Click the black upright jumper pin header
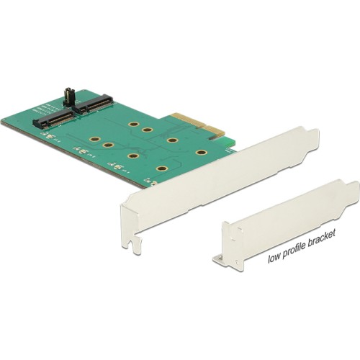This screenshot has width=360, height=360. (68, 99)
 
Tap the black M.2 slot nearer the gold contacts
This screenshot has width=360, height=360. (95, 104)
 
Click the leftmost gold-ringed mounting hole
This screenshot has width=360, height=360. (95, 139)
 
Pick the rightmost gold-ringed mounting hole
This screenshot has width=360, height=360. (202, 153)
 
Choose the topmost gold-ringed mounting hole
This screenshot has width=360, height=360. (134, 125)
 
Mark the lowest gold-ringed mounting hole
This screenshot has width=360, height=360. (161, 168)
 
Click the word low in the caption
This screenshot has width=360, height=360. (274, 258)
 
